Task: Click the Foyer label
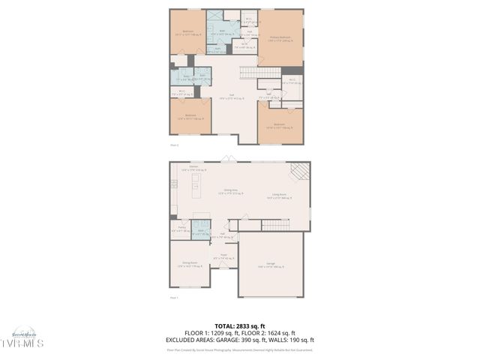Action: [223, 257]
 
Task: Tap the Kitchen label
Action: [193, 166]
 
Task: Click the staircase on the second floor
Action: [254, 72]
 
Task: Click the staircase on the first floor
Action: [275, 226]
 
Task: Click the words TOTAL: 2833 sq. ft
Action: [239, 326]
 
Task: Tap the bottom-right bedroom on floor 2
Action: [279, 124]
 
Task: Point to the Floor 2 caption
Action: [174, 145]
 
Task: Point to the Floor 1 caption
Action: [174, 298]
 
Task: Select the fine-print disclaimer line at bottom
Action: [239, 349]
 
